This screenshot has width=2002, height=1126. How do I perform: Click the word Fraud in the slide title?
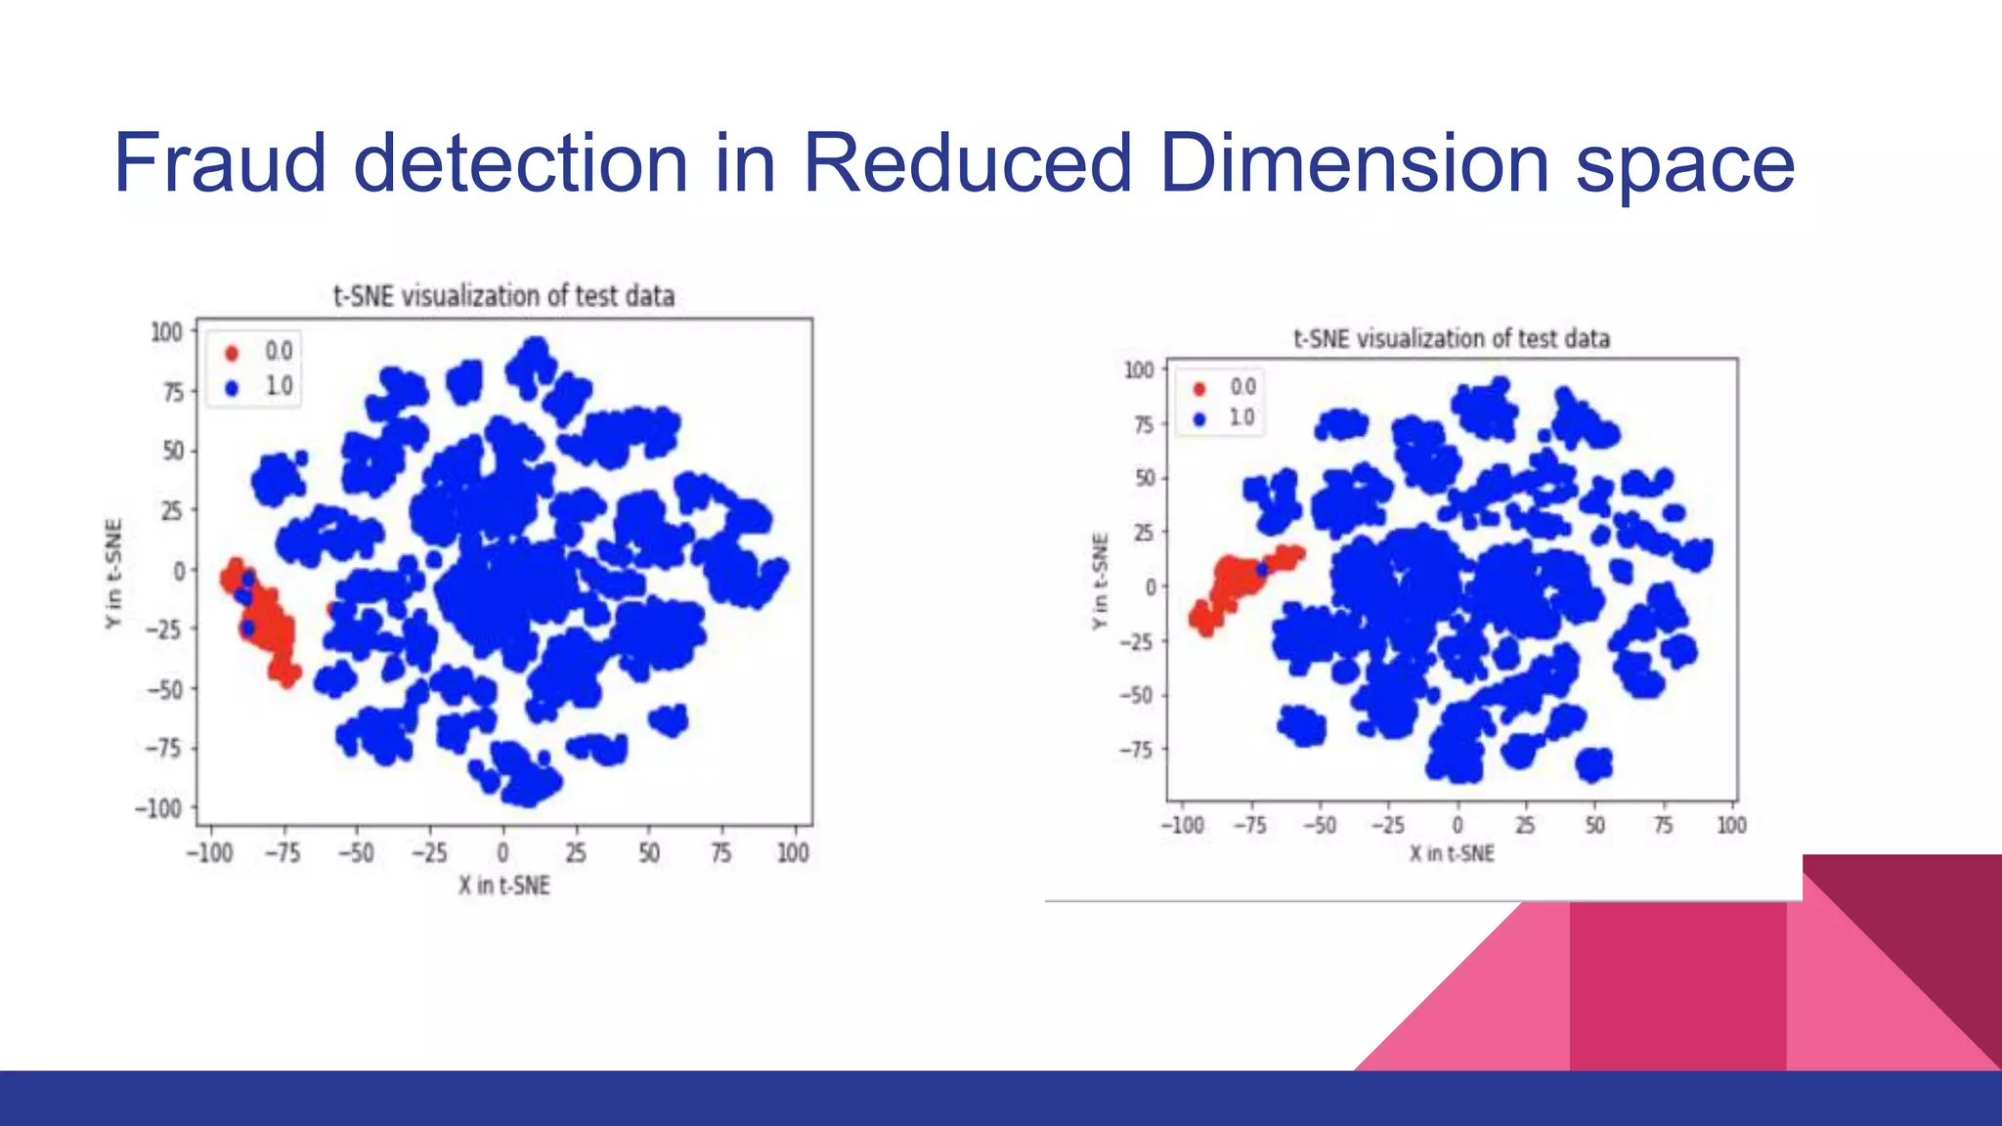220,163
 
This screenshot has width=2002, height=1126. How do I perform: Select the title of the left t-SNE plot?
503,295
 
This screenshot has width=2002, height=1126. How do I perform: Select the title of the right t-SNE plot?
1452,338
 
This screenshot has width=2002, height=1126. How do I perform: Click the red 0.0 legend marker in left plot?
232,353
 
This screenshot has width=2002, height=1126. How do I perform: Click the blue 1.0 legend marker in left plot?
232,388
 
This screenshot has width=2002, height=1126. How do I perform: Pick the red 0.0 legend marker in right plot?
1199,388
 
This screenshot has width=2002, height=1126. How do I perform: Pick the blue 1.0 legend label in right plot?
1241,418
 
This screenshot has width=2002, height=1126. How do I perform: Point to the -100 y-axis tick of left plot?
158,808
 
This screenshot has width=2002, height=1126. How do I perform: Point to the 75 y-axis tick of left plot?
172,392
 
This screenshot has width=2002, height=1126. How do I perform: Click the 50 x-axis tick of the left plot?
649,853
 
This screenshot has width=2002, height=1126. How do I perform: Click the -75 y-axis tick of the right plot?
1136,750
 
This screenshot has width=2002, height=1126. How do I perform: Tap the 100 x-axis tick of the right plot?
1731,825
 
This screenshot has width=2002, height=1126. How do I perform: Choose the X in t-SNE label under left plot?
503,886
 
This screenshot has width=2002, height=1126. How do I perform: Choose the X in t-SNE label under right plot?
1452,853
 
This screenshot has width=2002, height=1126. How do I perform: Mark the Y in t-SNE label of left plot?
114,574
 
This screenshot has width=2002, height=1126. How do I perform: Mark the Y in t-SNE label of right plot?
1101,582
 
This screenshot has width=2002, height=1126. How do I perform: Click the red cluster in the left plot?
266,626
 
